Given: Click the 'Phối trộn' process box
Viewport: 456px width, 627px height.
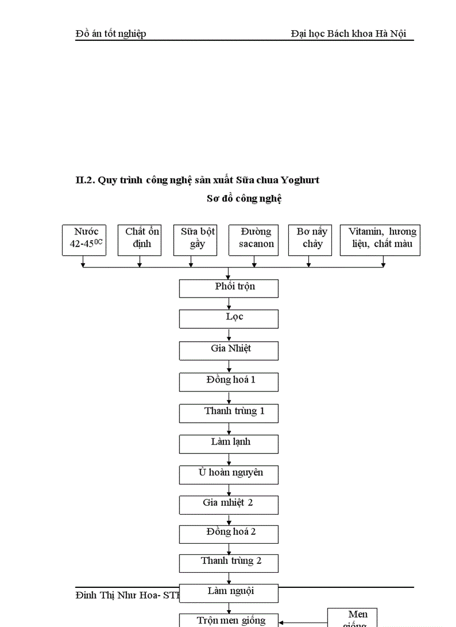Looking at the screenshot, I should pyautogui.click(x=229, y=288).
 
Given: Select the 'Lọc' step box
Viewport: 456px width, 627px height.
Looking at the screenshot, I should pyautogui.click(x=229, y=319).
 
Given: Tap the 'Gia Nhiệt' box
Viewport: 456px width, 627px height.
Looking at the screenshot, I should pyautogui.click(x=229, y=350).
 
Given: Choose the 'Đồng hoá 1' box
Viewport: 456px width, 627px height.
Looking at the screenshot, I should pyautogui.click(x=229, y=382).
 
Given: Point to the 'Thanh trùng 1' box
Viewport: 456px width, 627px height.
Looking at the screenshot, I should pyautogui.click(x=229, y=413).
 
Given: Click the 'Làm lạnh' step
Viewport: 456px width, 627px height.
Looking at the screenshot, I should pyautogui.click(x=229, y=444).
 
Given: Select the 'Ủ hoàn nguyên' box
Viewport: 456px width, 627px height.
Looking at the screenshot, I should pyautogui.click(x=229, y=475).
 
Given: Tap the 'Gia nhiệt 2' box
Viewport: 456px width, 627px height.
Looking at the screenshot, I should pyautogui.click(x=229, y=505).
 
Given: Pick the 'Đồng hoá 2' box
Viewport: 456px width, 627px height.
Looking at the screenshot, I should pyautogui.click(x=229, y=534).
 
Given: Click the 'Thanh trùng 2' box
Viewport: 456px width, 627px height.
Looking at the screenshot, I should pyautogui.click(x=229, y=563).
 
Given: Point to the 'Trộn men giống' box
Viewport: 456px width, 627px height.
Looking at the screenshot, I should pyautogui.click(x=229, y=620).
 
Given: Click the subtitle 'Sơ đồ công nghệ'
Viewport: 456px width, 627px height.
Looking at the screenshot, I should pyautogui.click(x=244, y=198).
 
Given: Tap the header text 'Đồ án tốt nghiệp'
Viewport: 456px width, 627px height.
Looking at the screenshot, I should pyautogui.click(x=111, y=33).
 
